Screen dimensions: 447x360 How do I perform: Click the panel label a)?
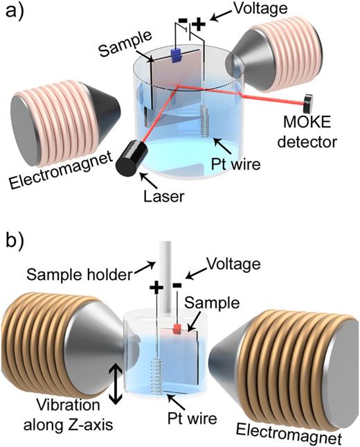tap(15, 12)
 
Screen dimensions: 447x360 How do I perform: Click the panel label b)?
tap(15, 245)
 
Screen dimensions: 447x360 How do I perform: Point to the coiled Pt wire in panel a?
tap(205, 120)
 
